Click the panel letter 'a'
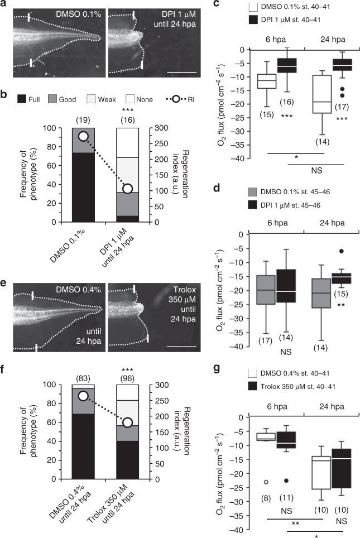pos(4,6)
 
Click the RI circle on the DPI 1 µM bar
pos(128,189)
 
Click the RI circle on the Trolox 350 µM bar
pos(128,422)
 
